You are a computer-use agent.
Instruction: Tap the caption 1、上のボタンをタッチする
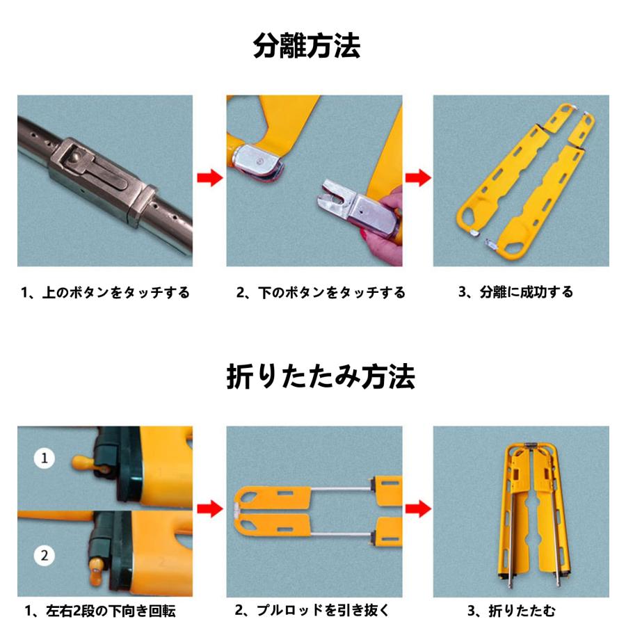click(x=104, y=293)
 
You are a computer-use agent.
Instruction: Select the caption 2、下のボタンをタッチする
click(x=320, y=293)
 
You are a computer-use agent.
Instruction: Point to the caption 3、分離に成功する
click(x=515, y=292)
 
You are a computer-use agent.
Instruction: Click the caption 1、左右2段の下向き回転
click(x=100, y=611)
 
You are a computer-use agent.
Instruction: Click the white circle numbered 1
click(x=45, y=459)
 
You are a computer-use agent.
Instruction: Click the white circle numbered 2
click(x=45, y=555)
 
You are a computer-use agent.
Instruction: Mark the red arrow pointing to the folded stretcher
click(x=417, y=509)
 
